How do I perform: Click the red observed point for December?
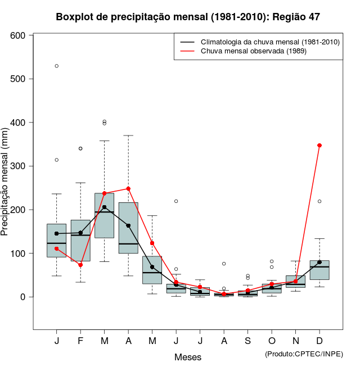pyautogui.click(x=319, y=145)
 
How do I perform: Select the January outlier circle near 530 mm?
pyautogui.click(x=57, y=66)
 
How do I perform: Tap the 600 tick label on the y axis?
pyautogui.click(x=18, y=35)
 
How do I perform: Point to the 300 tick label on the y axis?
pyautogui.click(x=18, y=166)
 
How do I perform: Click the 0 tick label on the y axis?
pyautogui.click(x=23, y=297)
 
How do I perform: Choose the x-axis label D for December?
pyautogui.click(x=319, y=341)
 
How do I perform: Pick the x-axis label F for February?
pyautogui.click(x=80, y=341)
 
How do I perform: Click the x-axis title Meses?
pyautogui.click(x=188, y=357)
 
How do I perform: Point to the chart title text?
pyautogui.click(x=188, y=17)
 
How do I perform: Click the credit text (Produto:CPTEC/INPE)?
pyautogui.click(x=304, y=354)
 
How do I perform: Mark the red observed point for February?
pyautogui.click(x=80, y=265)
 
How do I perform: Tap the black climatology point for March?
pyautogui.click(x=105, y=207)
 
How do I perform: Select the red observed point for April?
pyautogui.click(x=128, y=189)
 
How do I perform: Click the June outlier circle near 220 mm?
pyautogui.click(x=176, y=201)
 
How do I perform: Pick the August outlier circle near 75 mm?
pyautogui.click(x=224, y=264)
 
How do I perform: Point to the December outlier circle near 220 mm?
pyautogui.click(x=319, y=201)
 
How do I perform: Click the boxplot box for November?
pyautogui.click(x=295, y=282)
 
